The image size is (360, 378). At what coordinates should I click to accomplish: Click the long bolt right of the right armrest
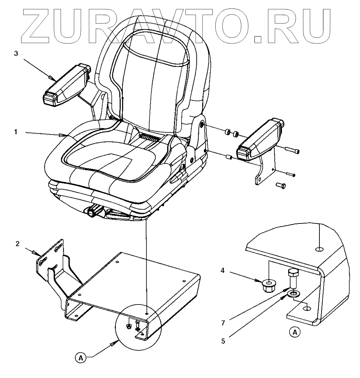pos(292,150)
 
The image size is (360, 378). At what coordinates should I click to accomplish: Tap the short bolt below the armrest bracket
pos(281,186)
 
